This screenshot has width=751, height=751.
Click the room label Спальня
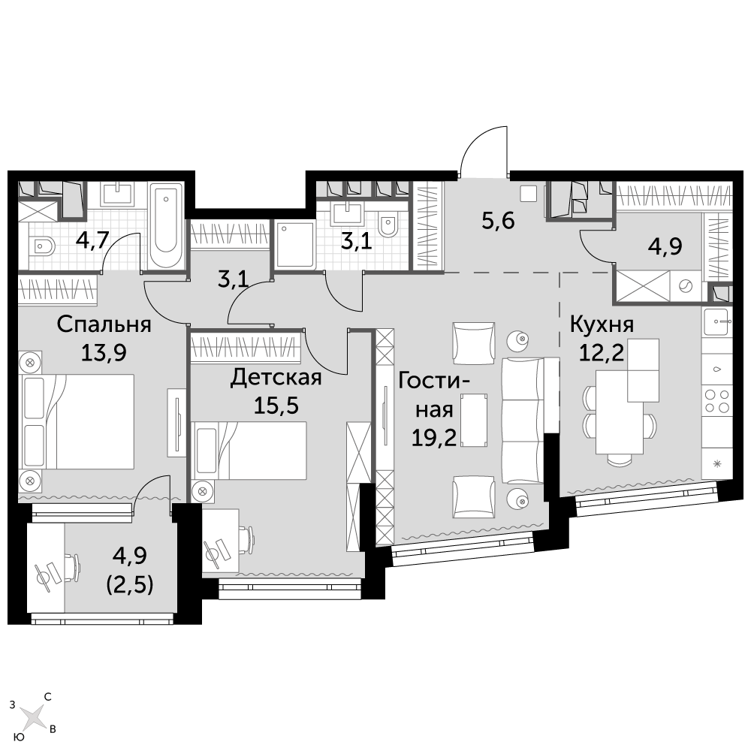click(104, 324)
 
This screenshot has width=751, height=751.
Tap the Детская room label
click(276, 378)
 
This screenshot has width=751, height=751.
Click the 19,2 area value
click(434, 437)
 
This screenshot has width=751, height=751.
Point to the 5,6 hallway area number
click(498, 222)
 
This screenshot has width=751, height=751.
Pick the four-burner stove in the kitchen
click(716, 401)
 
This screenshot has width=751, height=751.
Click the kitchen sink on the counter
click(717, 321)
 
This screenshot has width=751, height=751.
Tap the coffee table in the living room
click(473, 420)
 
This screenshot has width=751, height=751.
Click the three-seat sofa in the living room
click(523, 420)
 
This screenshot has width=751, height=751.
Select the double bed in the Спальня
click(77, 421)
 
